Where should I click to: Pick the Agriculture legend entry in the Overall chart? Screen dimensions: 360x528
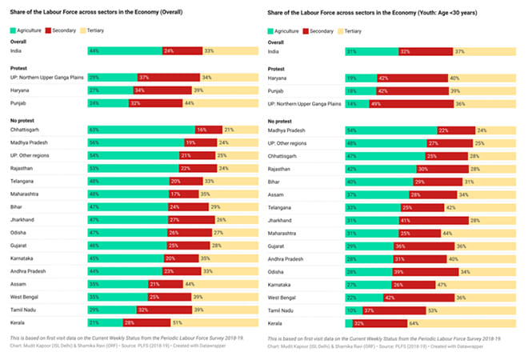(x=29, y=29)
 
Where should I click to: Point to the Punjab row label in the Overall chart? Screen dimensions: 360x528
(x=21, y=102)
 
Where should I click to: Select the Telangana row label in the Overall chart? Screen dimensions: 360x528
(x=25, y=180)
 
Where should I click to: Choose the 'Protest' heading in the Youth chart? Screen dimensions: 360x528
(x=278, y=68)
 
